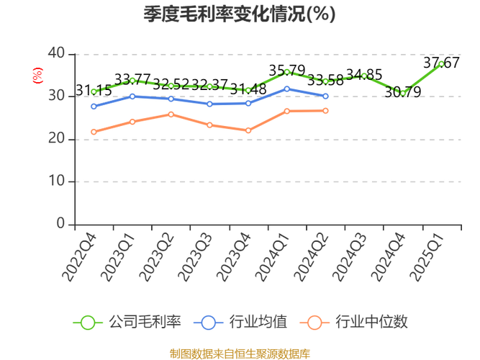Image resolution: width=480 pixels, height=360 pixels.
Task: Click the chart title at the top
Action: click(x=240, y=12)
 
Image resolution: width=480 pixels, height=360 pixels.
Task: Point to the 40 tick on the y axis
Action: click(x=56, y=52)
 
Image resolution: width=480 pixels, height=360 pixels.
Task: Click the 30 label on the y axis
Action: click(x=56, y=96)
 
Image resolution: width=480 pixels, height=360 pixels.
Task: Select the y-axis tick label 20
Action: click(x=56, y=138)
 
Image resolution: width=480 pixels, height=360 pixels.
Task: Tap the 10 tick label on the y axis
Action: click(x=56, y=181)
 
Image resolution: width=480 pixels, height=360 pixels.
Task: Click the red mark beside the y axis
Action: click(x=39, y=73)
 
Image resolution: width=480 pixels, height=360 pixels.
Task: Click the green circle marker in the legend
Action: click(x=88, y=322)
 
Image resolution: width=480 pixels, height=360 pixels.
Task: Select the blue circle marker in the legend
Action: click(x=209, y=322)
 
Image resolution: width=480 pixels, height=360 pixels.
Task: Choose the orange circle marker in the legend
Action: click(x=314, y=322)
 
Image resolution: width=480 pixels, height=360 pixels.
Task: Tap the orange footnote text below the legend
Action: click(x=240, y=353)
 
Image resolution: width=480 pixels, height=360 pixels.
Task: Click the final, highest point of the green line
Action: click(x=441, y=63)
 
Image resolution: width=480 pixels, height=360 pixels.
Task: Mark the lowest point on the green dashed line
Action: click(x=403, y=94)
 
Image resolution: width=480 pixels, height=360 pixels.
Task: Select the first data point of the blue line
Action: click(x=94, y=106)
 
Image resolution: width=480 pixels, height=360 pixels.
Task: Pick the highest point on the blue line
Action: click(x=287, y=89)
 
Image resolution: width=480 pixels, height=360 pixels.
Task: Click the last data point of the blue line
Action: click(x=326, y=96)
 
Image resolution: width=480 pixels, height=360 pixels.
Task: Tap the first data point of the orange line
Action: click(x=94, y=132)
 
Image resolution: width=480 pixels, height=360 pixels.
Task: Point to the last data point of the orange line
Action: click(x=326, y=111)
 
